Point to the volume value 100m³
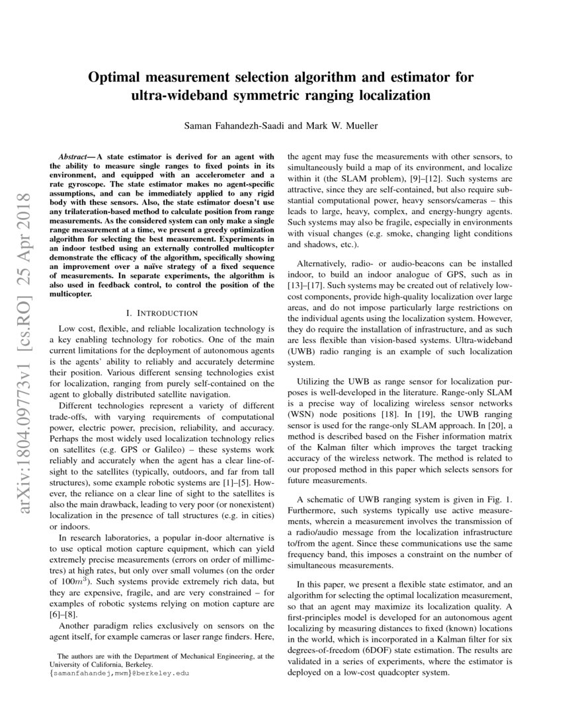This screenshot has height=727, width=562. (69, 585)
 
